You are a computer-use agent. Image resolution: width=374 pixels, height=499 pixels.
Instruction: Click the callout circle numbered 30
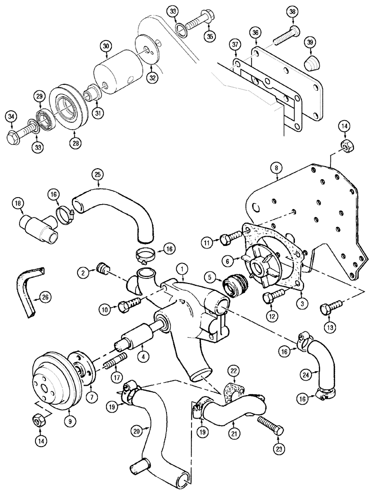tap(105, 46)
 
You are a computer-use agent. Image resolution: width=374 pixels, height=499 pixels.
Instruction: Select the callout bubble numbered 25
tap(98, 175)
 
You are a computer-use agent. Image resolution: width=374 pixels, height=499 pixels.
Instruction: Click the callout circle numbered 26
tap(45, 298)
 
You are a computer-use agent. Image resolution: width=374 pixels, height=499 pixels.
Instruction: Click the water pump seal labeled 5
tap(234, 287)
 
